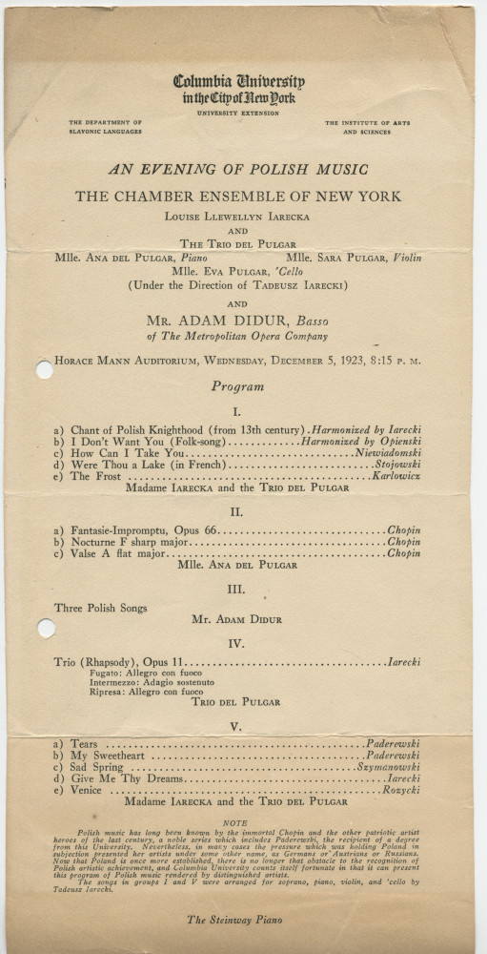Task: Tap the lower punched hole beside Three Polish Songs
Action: (x=43, y=627)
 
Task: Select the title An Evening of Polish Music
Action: (x=238, y=170)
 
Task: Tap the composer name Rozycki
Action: (x=402, y=790)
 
